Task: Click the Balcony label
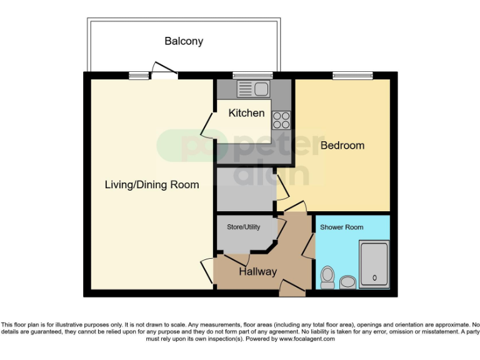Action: pyautogui.click(x=184, y=41)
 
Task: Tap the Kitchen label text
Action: pyautogui.click(x=246, y=113)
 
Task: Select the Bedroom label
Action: pyautogui.click(x=342, y=145)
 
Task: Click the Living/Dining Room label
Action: pyautogui.click(x=152, y=184)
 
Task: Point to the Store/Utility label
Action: pyautogui.click(x=243, y=227)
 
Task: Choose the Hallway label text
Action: pyautogui.click(x=257, y=272)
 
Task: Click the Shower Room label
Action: pyautogui.click(x=341, y=227)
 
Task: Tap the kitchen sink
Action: pyautogui.click(x=253, y=89)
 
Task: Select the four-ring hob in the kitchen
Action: pyautogui.click(x=281, y=119)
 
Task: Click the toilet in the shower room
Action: pyautogui.click(x=327, y=277)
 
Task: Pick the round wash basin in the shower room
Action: pyautogui.click(x=348, y=282)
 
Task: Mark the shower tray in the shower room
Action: pyautogui.click(x=374, y=264)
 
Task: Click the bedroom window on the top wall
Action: pyautogui.click(x=352, y=76)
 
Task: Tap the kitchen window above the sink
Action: pyautogui.click(x=252, y=76)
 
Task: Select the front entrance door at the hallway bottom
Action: pyautogui.click(x=292, y=288)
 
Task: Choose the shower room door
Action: pyautogui.click(x=309, y=245)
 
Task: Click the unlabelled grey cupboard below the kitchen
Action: pyautogui.click(x=245, y=189)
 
